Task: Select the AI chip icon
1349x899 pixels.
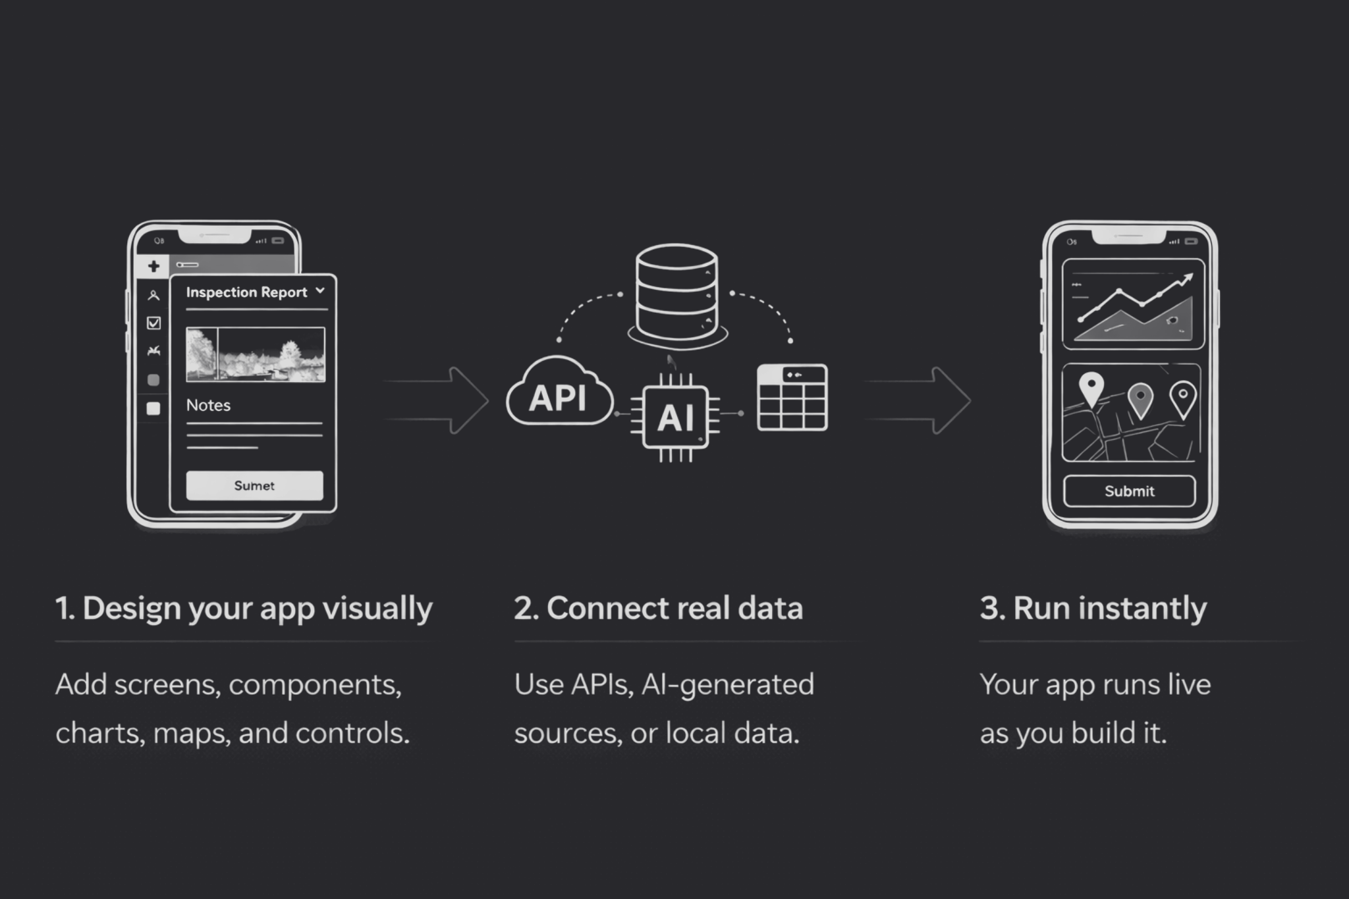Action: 675,417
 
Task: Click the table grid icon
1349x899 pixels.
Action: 792,398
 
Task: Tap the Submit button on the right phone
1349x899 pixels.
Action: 1129,491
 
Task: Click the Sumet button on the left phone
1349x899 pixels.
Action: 254,485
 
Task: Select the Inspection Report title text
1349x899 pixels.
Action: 246,292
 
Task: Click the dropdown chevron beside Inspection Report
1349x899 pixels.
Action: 320,290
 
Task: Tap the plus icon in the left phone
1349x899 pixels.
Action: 153,266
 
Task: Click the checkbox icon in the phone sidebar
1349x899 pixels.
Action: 153,323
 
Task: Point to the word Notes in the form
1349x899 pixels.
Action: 208,405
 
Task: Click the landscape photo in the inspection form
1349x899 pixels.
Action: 256,354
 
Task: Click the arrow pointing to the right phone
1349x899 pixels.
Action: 918,400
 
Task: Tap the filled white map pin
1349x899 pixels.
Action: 1091,389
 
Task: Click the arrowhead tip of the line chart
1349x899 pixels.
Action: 1190,277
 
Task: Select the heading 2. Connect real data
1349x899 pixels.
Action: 658,608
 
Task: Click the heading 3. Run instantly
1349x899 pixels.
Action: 1093,608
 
